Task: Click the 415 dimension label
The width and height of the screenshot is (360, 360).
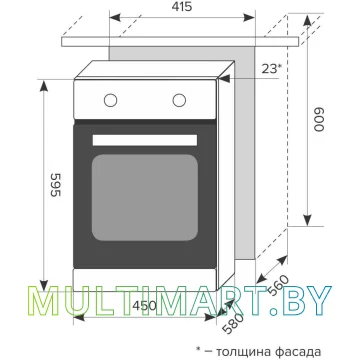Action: tap(183, 6)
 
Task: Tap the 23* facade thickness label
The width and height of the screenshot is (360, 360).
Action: tap(272, 69)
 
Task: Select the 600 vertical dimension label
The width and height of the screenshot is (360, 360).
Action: tap(319, 119)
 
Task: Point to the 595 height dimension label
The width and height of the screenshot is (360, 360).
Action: tap(55, 185)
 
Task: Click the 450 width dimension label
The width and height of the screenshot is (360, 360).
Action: tap(144, 305)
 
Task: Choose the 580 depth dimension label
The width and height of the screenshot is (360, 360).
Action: tap(234, 323)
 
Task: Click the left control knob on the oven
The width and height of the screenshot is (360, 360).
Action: tap(110, 100)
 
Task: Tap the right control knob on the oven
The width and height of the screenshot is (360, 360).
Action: tap(179, 100)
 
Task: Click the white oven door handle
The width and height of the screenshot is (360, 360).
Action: tap(145, 140)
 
